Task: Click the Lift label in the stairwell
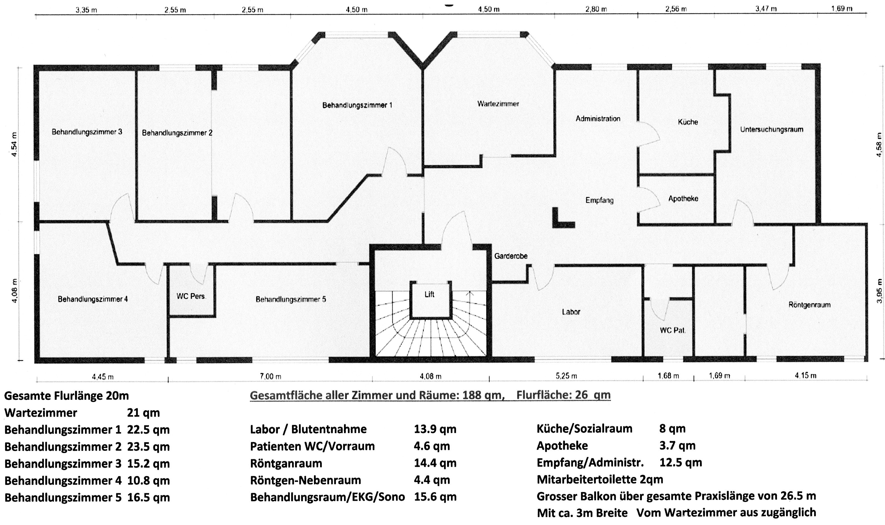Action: pyautogui.click(x=429, y=294)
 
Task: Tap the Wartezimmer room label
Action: pyautogui.click(x=498, y=104)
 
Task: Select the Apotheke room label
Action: pyautogui.click(x=683, y=199)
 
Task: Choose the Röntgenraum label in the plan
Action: pyautogui.click(x=809, y=305)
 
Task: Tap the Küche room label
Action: pyautogui.click(x=688, y=122)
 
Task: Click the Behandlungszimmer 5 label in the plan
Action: pyautogui.click(x=290, y=300)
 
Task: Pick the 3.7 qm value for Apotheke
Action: pyautogui.click(x=677, y=446)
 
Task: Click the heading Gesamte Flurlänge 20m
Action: pyautogui.click(x=66, y=396)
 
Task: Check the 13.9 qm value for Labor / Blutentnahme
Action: pyautogui.click(x=435, y=429)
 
